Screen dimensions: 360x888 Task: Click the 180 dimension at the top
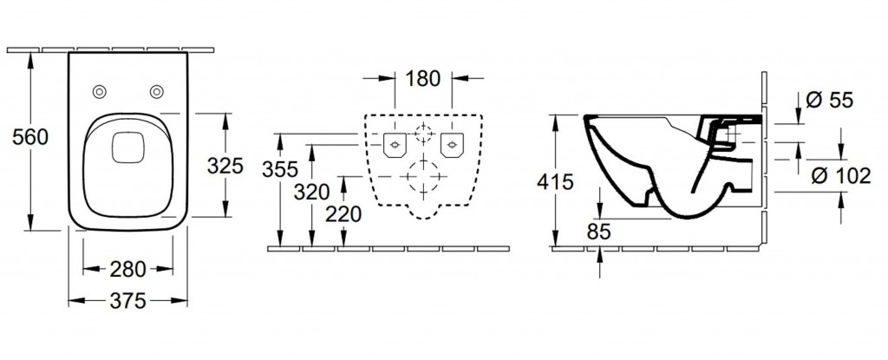point(422,79)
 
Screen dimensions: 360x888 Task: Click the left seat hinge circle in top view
point(99,91)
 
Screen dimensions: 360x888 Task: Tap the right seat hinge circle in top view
point(157,91)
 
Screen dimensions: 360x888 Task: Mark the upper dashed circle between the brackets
point(423,134)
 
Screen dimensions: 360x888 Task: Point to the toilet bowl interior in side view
point(646,156)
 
